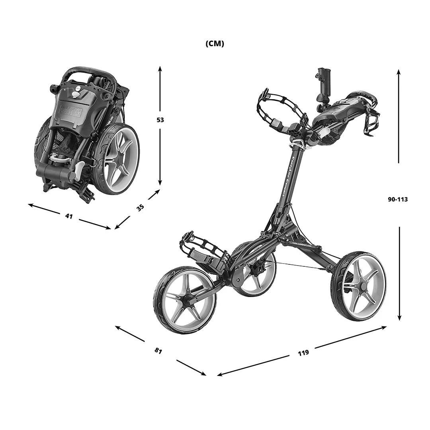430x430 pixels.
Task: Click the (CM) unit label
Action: click(215, 44)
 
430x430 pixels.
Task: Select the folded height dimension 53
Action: click(160, 120)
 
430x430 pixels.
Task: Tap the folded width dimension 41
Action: click(69, 216)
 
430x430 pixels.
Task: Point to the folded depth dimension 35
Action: click(140, 207)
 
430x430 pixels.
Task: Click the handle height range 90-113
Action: click(398, 199)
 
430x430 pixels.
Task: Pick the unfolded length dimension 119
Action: click(303, 352)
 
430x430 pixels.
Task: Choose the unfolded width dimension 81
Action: click(158, 351)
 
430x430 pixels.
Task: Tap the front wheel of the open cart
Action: click(185, 300)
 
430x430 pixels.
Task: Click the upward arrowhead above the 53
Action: click(160, 68)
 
